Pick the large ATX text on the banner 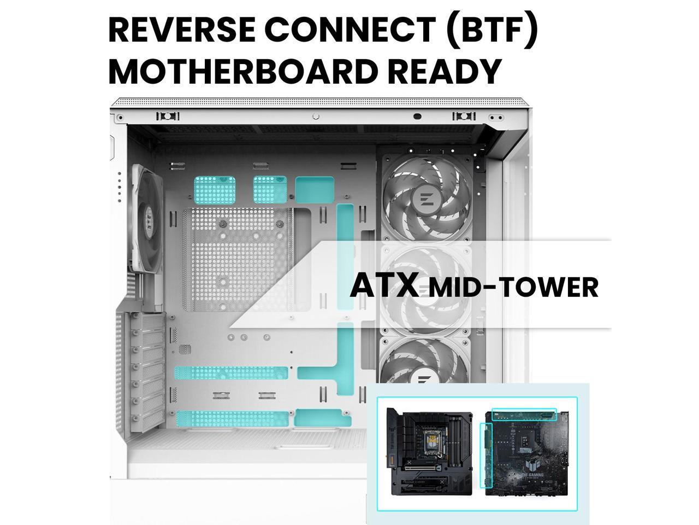(384, 285)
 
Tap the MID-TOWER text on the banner (513, 288)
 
